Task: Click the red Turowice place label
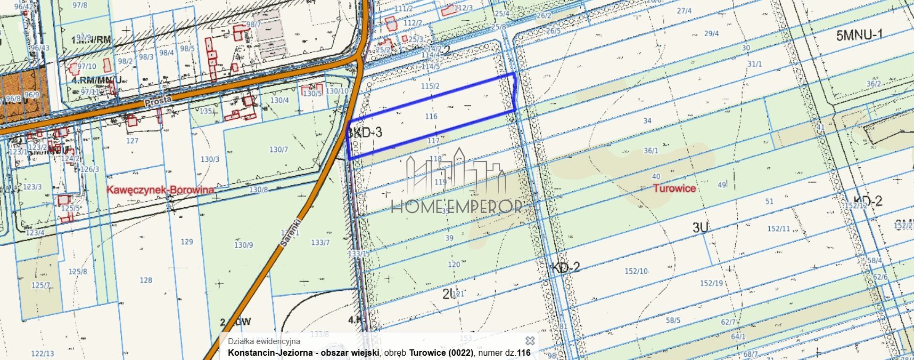674,188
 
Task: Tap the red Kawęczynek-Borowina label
161,190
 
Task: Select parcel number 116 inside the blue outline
431,116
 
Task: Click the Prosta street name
158,100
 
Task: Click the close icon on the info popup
530,341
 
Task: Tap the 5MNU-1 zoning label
859,35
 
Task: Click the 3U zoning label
700,227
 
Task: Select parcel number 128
146,280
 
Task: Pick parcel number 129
187,242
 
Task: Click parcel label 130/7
278,150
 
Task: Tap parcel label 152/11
779,229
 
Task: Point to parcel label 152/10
636,271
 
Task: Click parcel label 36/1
651,151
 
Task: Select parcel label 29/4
712,34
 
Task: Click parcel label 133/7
320,243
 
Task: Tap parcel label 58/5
673,321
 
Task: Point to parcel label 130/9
244,245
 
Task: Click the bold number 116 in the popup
524,353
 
